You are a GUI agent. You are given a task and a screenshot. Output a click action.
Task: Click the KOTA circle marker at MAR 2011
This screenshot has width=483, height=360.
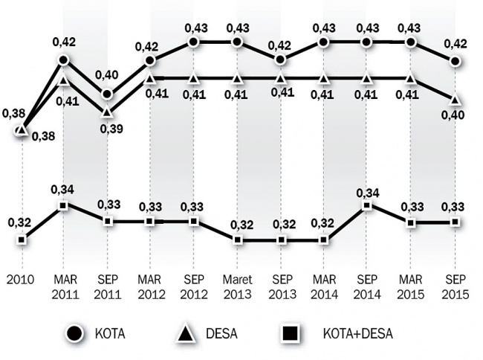[x=64, y=60]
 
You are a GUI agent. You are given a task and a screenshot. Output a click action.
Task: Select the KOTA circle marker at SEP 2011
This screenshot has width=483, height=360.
[x=108, y=94]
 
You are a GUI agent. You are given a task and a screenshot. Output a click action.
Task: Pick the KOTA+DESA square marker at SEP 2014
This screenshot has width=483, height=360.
[x=366, y=205]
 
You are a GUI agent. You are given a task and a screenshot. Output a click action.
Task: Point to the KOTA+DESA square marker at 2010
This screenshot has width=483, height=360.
[x=22, y=240]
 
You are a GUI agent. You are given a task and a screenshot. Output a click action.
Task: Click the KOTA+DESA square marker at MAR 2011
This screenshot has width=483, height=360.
[x=64, y=205]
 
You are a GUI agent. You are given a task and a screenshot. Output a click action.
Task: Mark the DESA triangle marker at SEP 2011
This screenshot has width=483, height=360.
[x=108, y=112]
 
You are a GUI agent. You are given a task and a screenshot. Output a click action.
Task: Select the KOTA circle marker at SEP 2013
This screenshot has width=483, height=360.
[x=280, y=60]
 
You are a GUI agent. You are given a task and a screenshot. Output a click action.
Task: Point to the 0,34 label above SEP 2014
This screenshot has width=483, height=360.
[x=367, y=192]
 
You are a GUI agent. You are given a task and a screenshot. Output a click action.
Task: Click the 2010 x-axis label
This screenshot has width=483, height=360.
[x=22, y=281]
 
